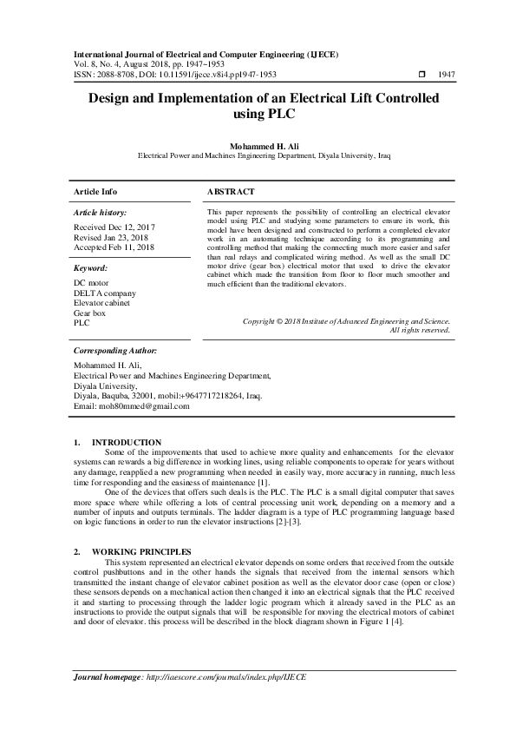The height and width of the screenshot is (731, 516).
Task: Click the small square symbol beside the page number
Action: [x=422, y=75]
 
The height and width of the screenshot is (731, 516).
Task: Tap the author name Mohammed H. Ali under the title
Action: [x=258, y=145]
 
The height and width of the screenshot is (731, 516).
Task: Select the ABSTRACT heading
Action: [x=231, y=191]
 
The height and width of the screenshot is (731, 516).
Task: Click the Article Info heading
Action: [x=95, y=191]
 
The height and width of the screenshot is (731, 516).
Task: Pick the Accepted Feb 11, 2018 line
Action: [x=114, y=247]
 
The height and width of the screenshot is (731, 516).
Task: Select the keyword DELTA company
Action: [x=105, y=293]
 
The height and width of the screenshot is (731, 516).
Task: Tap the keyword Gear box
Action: [x=90, y=312]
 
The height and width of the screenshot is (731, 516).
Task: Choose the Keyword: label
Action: [x=91, y=268]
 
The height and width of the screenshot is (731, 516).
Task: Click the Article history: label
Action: [x=101, y=212]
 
